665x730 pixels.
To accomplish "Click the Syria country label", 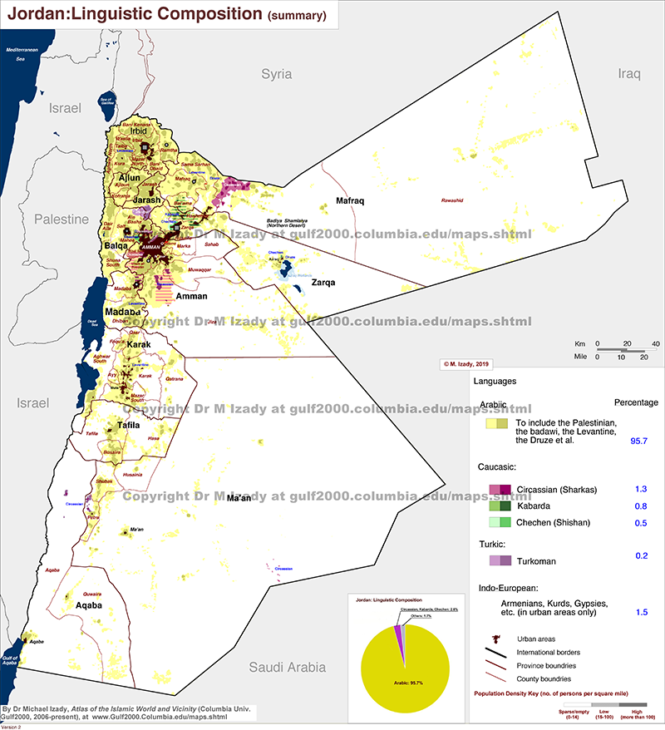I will click(277, 74).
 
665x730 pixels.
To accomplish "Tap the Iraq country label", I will click(630, 74).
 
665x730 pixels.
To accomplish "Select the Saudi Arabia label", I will click(288, 667).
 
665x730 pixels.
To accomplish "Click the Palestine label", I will click(61, 219).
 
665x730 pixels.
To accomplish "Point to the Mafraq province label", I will click(351, 201).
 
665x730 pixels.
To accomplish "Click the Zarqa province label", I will click(323, 282).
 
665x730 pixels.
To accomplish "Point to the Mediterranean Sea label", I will click(22, 55).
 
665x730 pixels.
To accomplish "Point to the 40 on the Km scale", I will click(655, 343).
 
